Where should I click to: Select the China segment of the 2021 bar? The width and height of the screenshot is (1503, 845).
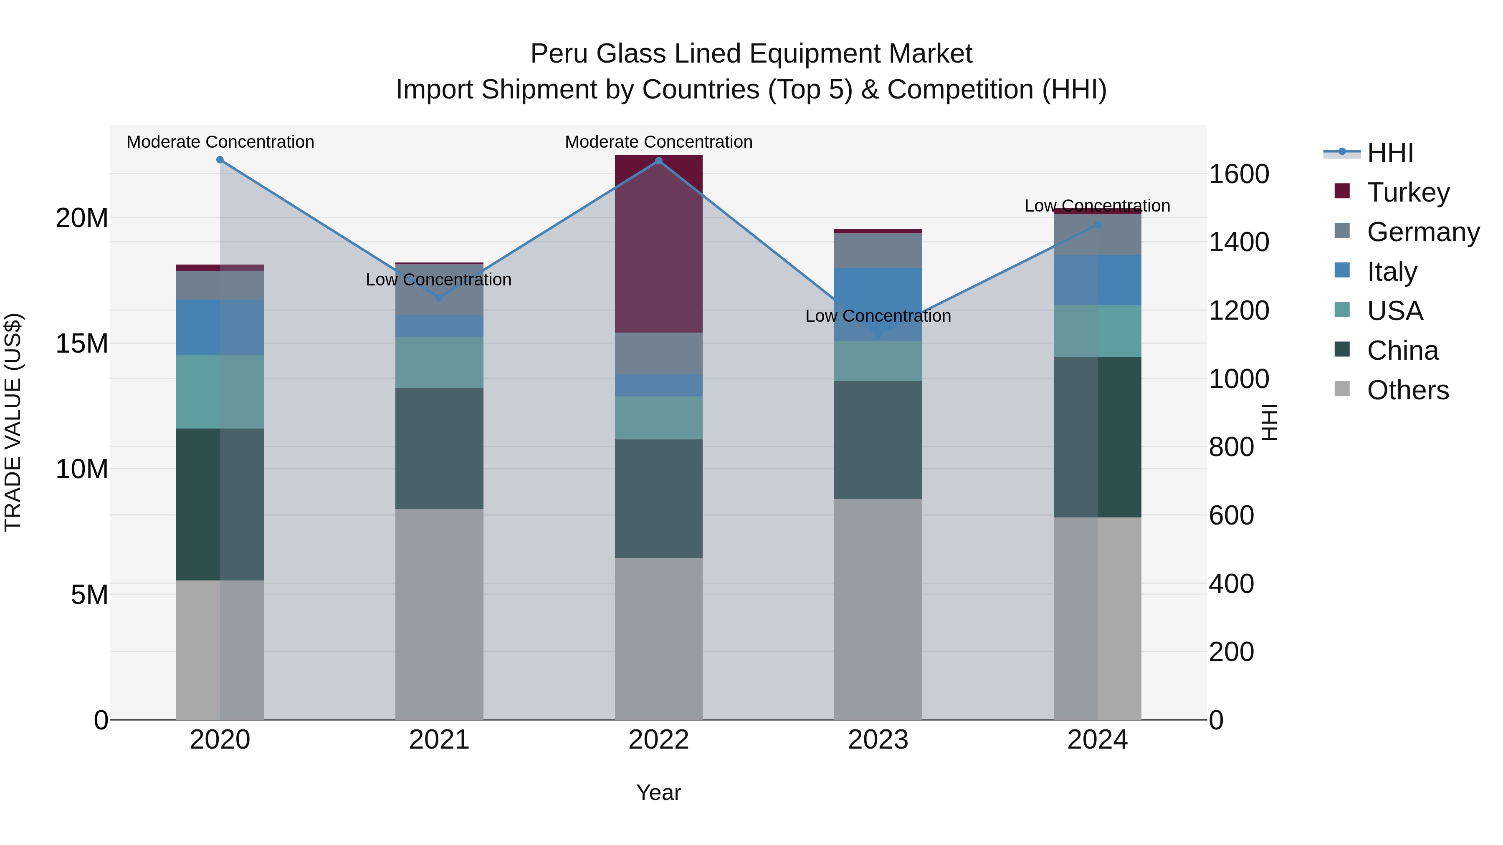439,449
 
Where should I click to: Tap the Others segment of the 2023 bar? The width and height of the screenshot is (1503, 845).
878,609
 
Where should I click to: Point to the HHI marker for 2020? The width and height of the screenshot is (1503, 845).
220,160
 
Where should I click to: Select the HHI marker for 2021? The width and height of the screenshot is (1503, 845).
439,298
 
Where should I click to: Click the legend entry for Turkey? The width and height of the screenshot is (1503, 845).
1407,192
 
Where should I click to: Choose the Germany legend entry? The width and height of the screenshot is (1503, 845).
1422,232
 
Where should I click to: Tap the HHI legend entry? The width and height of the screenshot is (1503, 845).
1390,153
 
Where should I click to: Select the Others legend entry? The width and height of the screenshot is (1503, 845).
1407,390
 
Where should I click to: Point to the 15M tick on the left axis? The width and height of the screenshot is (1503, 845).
82,343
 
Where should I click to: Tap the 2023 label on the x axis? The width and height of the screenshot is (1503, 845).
878,740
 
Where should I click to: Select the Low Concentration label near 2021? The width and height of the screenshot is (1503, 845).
439,279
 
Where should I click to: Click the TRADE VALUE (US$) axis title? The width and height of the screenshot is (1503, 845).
13,422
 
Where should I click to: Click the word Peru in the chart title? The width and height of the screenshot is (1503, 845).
559,54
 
